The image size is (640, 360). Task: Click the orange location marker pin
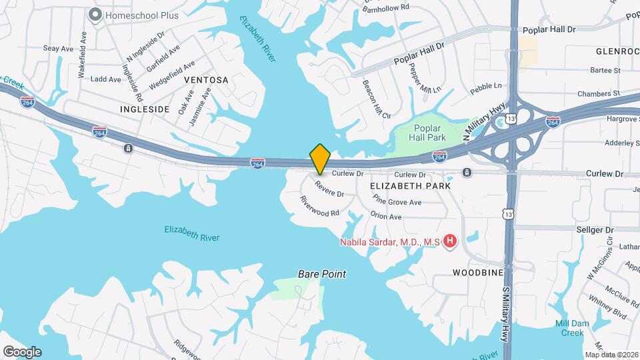pyautogui.click(x=320, y=158)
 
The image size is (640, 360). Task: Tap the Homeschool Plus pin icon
pyautogui.click(x=95, y=14)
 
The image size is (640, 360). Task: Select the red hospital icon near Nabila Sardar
pyautogui.click(x=451, y=241)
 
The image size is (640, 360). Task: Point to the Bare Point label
pyautogui.click(x=321, y=274)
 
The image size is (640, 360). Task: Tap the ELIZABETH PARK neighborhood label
pyautogui.click(x=410, y=187)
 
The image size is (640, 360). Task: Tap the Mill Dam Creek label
pyautogui.click(x=569, y=328)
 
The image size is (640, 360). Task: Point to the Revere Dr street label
pyautogui.click(x=329, y=189)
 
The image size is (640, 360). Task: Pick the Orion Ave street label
pyautogui.click(x=386, y=216)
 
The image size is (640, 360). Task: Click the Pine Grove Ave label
pyautogui.click(x=397, y=199)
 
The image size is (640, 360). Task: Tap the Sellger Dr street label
pyautogui.click(x=590, y=229)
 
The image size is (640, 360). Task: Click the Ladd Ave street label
pyautogui.click(x=105, y=79)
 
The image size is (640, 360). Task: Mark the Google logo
pyautogui.click(x=22, y=351)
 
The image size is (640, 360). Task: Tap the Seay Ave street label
pyautogui.click(x=58, y=49)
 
